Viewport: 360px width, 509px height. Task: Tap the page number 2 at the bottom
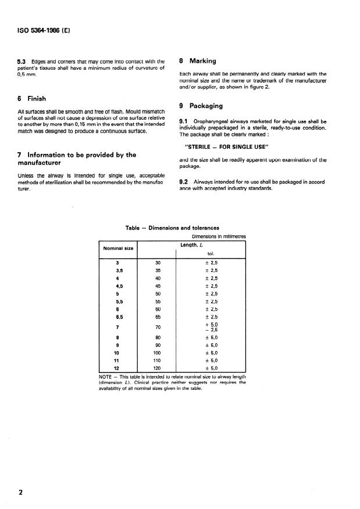(21, 493)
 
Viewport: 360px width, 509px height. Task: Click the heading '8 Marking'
(198, 60)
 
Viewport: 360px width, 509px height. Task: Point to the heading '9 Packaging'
(201, 106)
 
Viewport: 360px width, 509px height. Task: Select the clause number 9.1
(185, 121)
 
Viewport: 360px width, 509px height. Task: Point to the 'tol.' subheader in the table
(211, 253)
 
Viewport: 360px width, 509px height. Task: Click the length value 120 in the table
(157, 367)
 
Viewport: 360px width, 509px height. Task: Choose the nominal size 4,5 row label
(119, 286)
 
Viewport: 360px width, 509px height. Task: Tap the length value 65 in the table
(157, 316)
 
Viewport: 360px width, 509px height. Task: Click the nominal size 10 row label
(119, 352)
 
